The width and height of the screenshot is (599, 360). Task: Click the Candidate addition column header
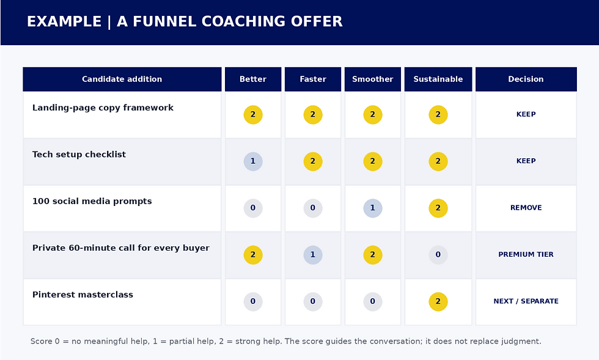(122, 79)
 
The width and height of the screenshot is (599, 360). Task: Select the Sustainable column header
(438, 79)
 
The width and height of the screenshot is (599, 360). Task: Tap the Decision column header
(526, 79)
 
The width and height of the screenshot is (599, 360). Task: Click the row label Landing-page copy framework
(103, 108)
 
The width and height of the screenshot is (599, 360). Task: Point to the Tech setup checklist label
(79, 155)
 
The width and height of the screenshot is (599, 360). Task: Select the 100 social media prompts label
(92, 202)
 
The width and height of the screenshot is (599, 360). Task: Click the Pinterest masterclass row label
(83, 295)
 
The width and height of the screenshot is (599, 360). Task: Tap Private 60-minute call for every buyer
(121, 248)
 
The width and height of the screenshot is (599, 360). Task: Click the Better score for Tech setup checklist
(253, 161)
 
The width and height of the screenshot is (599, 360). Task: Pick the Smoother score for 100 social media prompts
(373, 208)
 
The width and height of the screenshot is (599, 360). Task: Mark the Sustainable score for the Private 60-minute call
(438, 254)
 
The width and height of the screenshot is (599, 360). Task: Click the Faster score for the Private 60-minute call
(313, 254)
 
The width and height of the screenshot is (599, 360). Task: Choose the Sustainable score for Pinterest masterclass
(438, 301)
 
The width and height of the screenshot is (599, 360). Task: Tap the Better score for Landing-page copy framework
(253, 115)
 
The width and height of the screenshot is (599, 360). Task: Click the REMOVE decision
(526, 208)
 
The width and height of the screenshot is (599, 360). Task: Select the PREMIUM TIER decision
(526, 254)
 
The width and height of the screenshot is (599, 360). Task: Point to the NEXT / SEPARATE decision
(526, 301)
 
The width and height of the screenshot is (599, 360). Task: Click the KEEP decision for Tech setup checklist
(526, 161)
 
